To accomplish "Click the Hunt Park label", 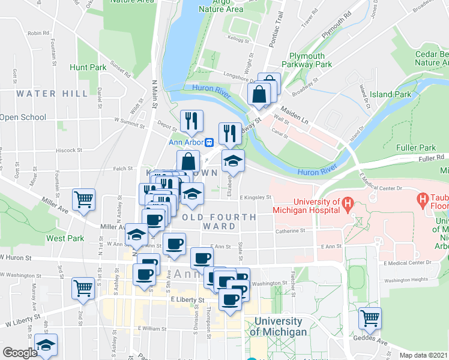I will click(88, 68).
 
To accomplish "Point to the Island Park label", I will click(391, 94).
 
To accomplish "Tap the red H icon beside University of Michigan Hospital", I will click(347, 206).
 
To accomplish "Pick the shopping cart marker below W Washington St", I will click(83, 287).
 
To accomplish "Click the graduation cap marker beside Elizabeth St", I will click(233, 160).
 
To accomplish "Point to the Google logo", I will click(19, 353).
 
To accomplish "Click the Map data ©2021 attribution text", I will click(423, 355).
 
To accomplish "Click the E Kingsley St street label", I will click(256, 197).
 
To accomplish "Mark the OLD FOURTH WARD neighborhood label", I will click(219, 221).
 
